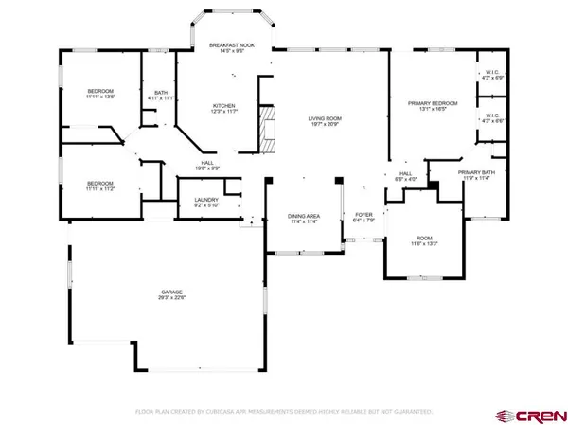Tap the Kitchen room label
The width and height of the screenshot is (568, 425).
click(224, 105)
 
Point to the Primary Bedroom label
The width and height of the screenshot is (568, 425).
click(433, 102)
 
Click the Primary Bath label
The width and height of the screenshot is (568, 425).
click(477, 172)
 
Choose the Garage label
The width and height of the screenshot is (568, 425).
click(170, 292)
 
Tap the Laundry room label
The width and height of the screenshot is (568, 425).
click(206, 200)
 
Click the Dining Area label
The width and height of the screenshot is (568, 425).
click(304, 216)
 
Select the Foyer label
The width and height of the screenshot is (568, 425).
click(364, 216)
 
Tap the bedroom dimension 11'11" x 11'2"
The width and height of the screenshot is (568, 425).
click(100, 188)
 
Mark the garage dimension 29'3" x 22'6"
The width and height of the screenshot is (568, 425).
click(170, 299)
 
